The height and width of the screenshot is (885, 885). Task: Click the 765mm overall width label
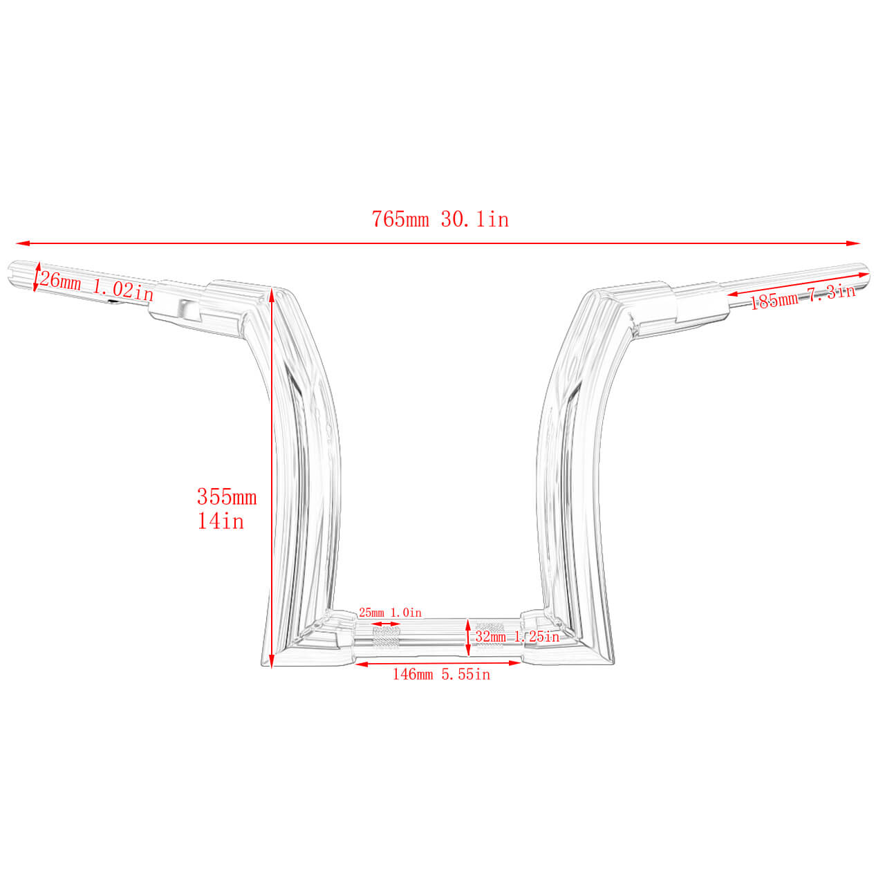point(400,220)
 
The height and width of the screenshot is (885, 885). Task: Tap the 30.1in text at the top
point(475,220)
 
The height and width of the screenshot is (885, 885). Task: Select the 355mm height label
point(227,497)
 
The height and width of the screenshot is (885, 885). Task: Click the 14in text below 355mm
point(221,521)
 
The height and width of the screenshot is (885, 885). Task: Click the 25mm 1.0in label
point(390,613)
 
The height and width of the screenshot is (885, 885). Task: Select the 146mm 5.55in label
point(441,674)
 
